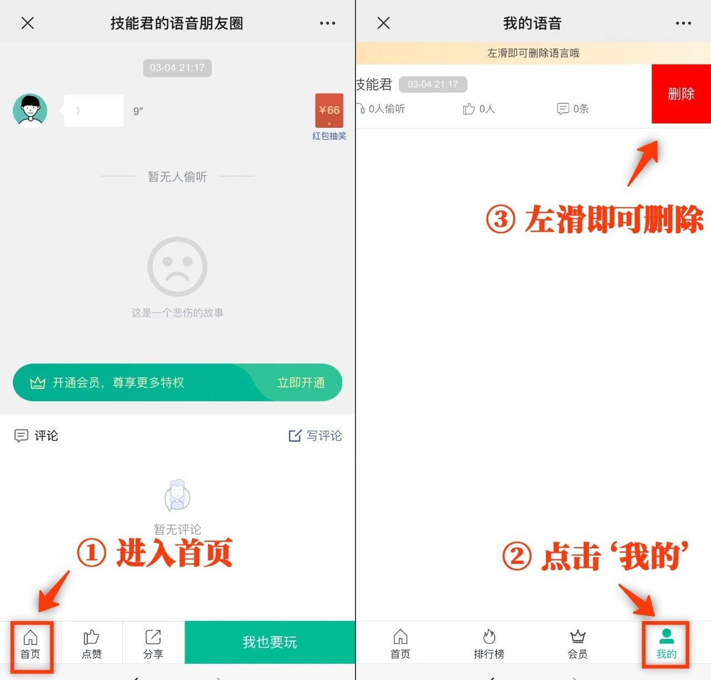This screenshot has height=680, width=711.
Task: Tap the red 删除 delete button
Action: click(681, 94)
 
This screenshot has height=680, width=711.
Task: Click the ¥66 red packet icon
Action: click(329, 111)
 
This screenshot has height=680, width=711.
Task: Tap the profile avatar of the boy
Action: click(30, 111)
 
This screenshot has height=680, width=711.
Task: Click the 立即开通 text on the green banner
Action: click(301, 383)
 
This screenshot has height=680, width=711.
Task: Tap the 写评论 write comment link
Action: click(316, 436)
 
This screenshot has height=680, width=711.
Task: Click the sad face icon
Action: click(178, 266)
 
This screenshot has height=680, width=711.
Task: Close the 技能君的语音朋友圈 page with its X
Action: click(28, 23)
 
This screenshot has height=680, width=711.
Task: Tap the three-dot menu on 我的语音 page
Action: click(683, 23)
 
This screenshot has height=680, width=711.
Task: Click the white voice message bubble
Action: click(93, 111)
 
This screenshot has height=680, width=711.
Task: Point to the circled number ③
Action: click(500, 219)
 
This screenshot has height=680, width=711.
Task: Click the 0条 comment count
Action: click(573, 108)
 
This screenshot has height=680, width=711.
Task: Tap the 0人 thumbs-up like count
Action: click(479, 108)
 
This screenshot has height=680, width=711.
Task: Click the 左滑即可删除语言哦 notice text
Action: click(533, 53)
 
